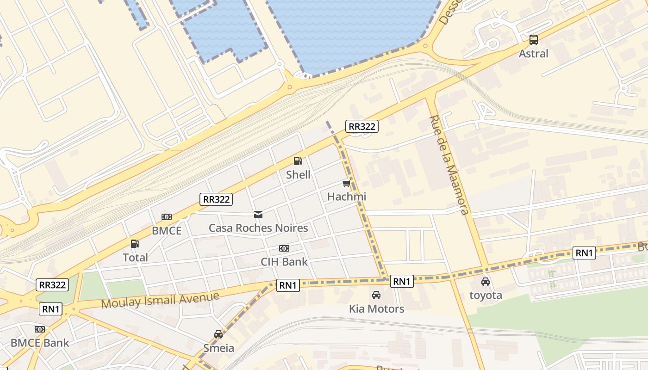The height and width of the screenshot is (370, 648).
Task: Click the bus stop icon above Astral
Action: tap(534, 40)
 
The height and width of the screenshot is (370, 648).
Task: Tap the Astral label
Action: tap(533, 54)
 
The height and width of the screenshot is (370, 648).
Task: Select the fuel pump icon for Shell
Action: tap(298, 161)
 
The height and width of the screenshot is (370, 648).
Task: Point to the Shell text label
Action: tap(298, 175)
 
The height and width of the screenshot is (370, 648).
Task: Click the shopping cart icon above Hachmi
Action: tap(346, 184)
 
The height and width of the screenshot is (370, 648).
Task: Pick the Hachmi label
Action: tap(346, 197)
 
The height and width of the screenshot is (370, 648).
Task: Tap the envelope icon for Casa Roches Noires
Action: tap(258, 215)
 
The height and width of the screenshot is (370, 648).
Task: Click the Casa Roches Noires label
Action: tap(258, 228)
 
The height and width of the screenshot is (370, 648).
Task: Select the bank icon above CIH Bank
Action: tap(284, 248)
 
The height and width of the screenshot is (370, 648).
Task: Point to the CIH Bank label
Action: tap(284, 262)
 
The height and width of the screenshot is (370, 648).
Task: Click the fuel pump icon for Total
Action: tap(135, 244)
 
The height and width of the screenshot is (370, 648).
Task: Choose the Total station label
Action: tap(135, 258)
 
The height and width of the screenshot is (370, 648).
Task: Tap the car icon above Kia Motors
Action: tap(376, 295)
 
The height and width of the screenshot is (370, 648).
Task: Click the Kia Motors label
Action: tap(376, 308)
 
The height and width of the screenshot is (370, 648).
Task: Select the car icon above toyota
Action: tap(486, 282)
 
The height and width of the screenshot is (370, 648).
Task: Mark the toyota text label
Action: tap(486, 295)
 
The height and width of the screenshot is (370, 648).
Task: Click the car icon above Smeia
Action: tap(218, 334)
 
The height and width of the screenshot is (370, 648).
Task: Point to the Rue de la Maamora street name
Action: tap(449, 165)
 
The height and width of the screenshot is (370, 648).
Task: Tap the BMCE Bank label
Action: tap(40, 343)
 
